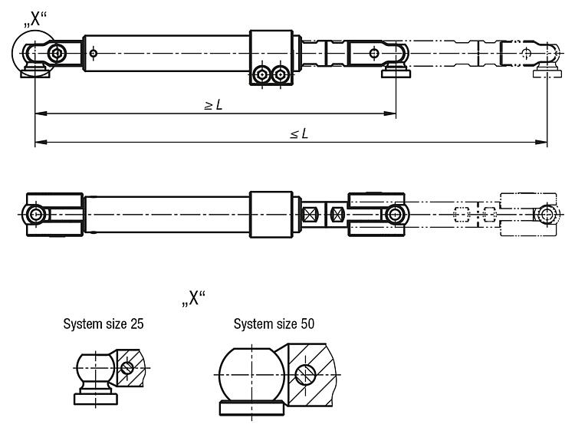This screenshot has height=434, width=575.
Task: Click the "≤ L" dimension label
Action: [x=298, y=134]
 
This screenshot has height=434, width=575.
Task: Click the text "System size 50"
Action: [x=274, y=324]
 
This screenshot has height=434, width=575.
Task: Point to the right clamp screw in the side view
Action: [x=281, y=74]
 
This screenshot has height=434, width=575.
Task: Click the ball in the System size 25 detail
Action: [x=96, y=370]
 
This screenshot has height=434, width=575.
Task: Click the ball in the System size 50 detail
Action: [x=251, y=373]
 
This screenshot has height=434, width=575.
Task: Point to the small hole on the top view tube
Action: [x=93, y=53]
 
